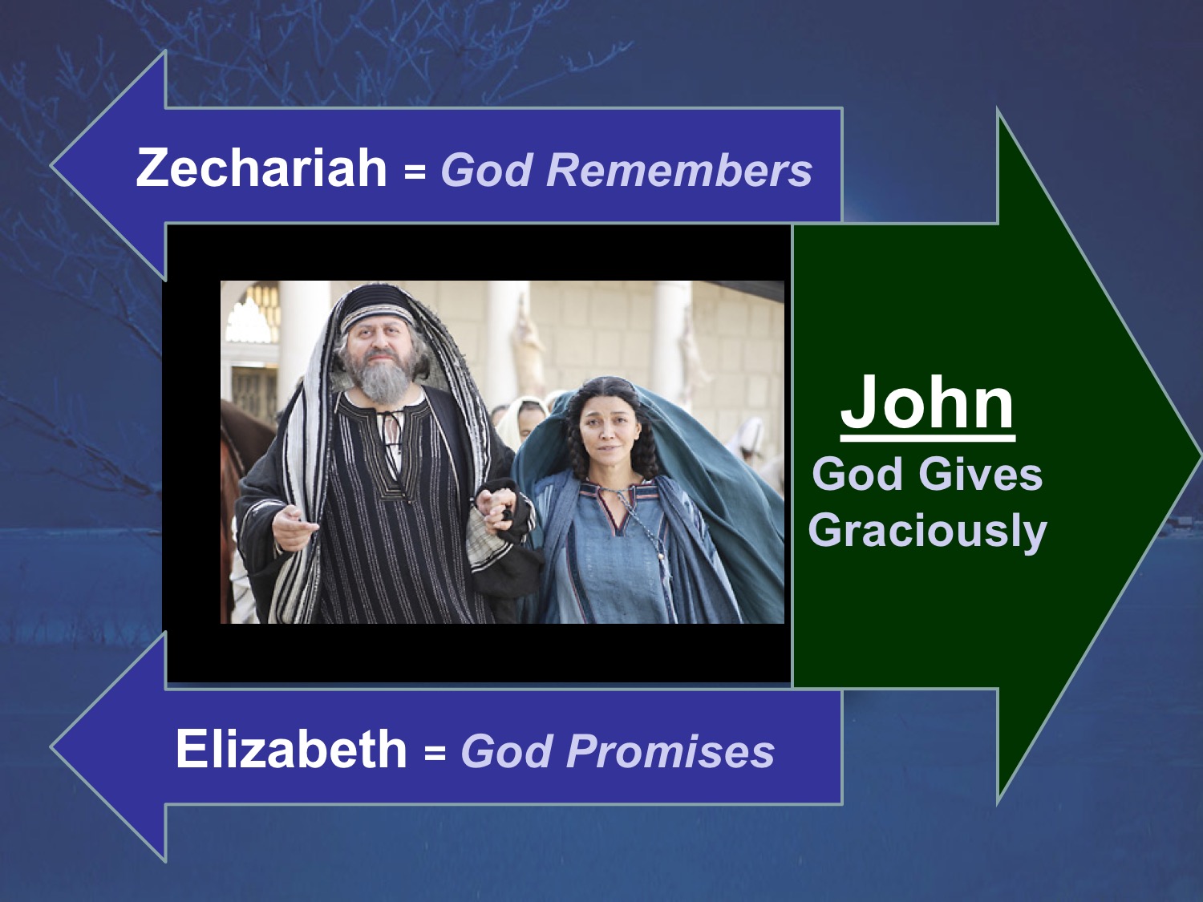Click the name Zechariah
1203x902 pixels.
(261, 168)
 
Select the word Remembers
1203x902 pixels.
(679, 169)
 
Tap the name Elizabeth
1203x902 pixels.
(291, 749)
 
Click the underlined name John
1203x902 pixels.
(927, 404)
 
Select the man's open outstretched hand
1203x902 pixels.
(295, 527)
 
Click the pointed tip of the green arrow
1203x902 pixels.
(1201, 455)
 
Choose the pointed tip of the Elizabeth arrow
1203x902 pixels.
(51, 747)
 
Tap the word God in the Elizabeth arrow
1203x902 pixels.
(505, 750)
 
